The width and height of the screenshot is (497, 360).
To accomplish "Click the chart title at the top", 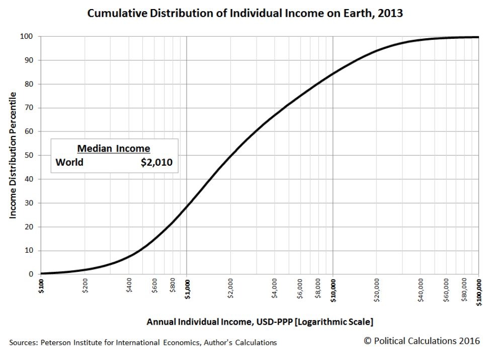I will pos(245,14).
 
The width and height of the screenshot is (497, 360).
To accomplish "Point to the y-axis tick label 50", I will pos(30,156).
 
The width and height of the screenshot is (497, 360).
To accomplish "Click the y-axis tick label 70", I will pos(30,108).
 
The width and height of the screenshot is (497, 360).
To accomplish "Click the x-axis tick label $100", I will pos(41,288).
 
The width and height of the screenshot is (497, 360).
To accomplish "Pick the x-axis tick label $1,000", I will pos(187,290).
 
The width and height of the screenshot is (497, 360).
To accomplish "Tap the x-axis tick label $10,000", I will pos(333,291).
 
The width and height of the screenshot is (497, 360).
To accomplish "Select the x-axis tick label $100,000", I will pos(478,292).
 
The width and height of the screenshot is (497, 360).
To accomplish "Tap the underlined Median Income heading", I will pos(113,149).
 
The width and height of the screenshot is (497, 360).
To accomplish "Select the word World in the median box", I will pos(69,162).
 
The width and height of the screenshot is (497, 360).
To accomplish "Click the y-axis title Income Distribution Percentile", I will pos(14,155).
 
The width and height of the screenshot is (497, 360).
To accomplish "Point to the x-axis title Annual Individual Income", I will pos(260,321).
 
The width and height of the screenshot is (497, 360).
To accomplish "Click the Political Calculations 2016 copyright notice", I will pos(422,341).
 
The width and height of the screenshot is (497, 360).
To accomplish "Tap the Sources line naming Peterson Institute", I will pos(143,342).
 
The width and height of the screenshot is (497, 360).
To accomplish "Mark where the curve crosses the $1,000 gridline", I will pos(187,205).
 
